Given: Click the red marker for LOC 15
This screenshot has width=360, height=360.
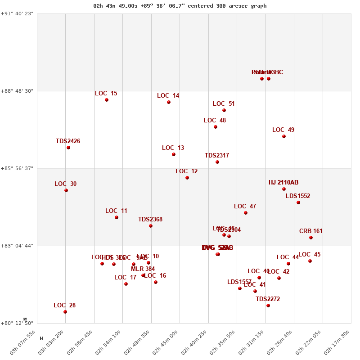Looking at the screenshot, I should coord(107,100).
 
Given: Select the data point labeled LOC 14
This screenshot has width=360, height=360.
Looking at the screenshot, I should coord(169,102).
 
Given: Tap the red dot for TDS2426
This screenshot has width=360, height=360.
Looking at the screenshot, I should coord(68,148).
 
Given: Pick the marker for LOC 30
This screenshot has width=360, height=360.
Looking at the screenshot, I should coord(66,190).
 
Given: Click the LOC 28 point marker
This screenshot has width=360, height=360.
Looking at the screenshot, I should coord(65,312).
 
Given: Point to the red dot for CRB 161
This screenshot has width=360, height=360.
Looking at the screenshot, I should coord(311,238).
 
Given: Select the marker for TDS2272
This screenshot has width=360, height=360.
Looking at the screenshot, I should coord(268,306).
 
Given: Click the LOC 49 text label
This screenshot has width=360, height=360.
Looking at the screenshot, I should coord(283,130).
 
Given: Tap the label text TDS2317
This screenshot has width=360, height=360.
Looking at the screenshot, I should coord(217,156).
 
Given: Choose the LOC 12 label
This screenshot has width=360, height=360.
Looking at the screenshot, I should coord(186,171).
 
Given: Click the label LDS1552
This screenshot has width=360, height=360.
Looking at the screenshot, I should coord(298,196).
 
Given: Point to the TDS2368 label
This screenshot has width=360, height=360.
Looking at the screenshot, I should coord(150,220).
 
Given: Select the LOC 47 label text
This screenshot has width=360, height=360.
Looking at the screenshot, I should coord(245,207).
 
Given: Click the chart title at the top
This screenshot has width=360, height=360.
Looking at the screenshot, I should coord(180,6).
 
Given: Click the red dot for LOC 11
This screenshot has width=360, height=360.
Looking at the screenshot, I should coord(117,217).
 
